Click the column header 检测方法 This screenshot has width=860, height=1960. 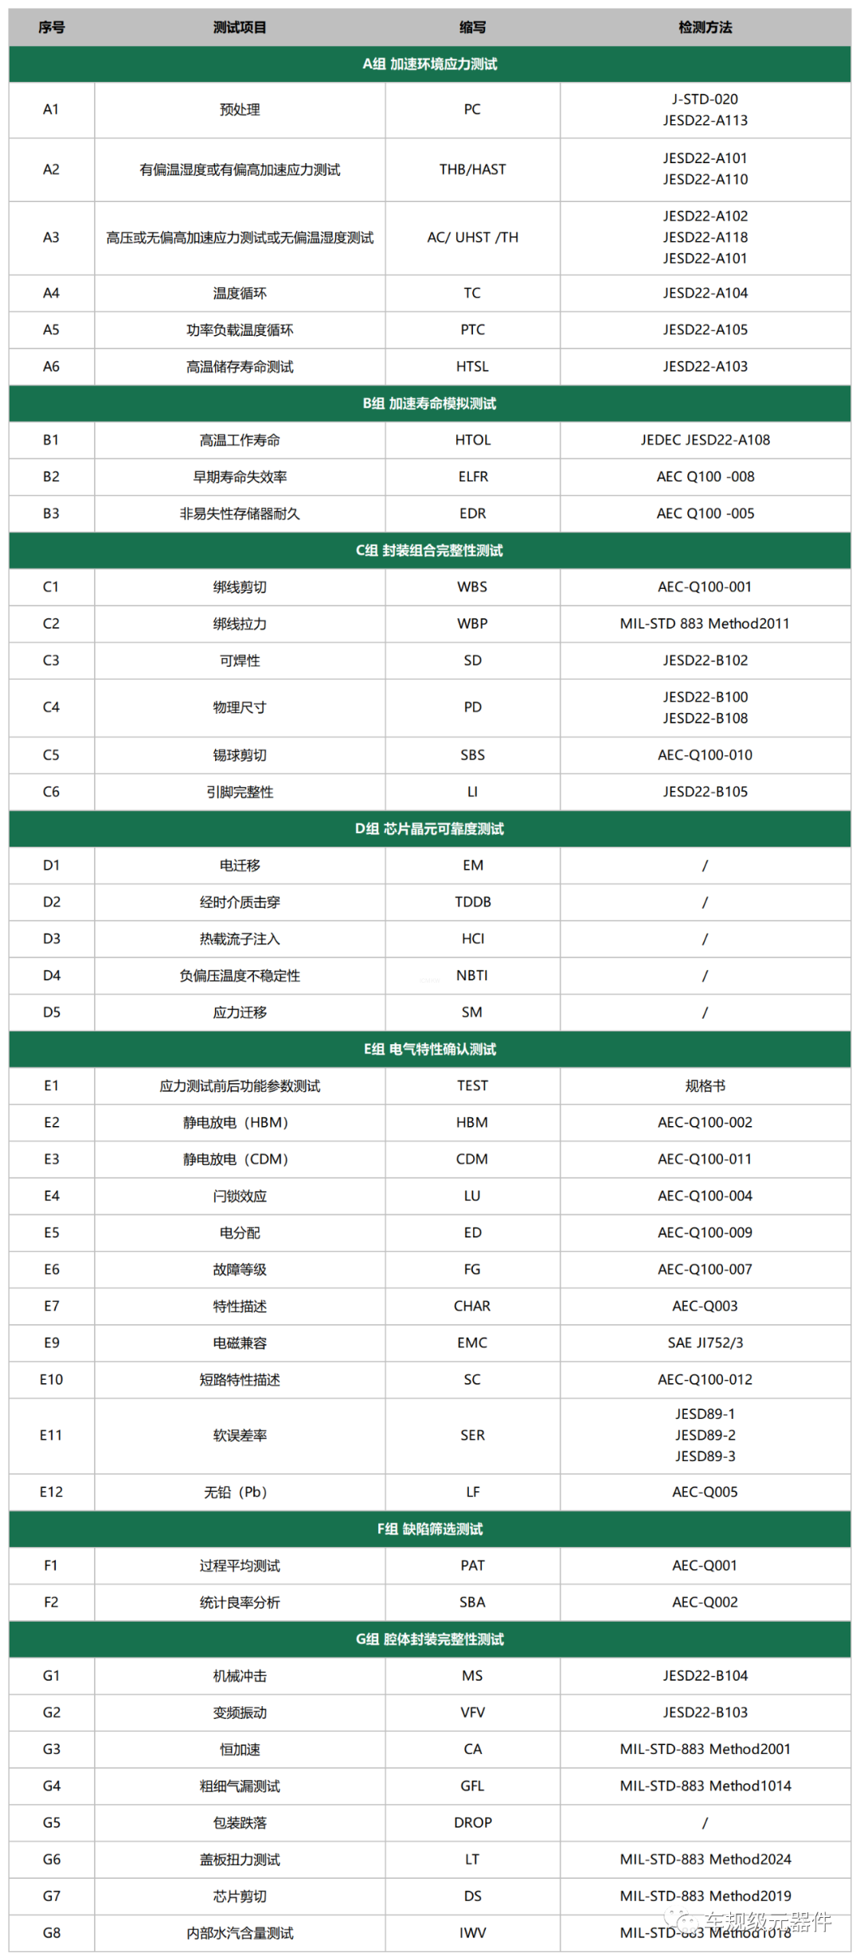pos(705,28)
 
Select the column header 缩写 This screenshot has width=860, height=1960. pos(472,28)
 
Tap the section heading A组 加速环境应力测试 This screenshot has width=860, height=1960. pos(429,64)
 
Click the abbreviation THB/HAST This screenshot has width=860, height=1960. pos(472,170)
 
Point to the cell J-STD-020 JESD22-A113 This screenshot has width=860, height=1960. pos(705,110)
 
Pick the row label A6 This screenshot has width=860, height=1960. pos(51,367)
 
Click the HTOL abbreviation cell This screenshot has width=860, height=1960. pos(472,440)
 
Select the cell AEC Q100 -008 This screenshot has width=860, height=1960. pos(705,477)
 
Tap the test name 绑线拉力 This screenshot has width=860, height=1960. pos(240,624)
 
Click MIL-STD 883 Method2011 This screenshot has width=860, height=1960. pos(705,624)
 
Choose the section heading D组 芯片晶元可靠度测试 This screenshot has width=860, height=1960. pos(429,829)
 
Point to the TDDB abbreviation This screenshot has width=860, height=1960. pos(472,902)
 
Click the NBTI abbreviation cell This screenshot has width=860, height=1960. pos(472,976)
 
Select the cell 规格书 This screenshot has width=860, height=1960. pos(705,1086)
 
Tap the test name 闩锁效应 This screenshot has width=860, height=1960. pos(240,1196)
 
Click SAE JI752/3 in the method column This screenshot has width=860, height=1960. pos(705,1343)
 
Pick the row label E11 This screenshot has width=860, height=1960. pos(51,1436)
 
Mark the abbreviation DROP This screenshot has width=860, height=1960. pos(472,1823)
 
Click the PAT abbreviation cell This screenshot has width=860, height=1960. pos(472,1566)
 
